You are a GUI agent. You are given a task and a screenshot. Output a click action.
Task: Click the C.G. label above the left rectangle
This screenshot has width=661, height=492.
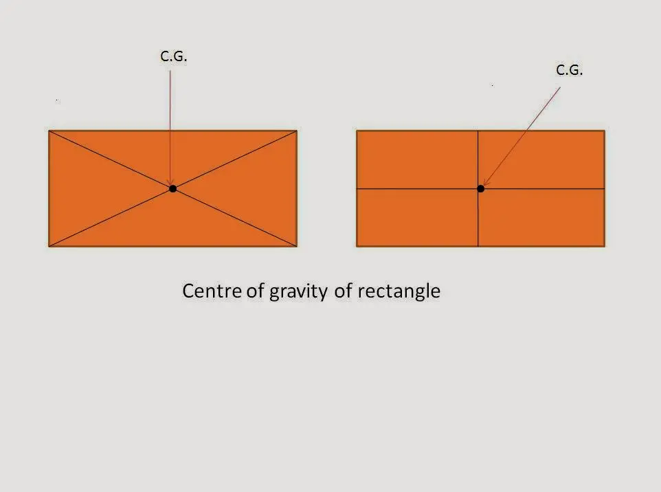(174, 56)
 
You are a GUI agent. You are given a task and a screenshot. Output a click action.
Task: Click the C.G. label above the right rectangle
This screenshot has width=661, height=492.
(569, 70)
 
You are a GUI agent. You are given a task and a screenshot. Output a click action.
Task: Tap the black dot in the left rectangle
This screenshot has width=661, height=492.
(173, 188)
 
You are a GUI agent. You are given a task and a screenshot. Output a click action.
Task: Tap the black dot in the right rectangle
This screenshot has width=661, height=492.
(480, 188)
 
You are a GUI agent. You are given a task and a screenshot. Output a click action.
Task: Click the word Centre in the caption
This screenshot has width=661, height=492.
(212, 291)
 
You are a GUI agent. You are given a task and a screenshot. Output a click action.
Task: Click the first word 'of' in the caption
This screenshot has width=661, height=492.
(255, 291)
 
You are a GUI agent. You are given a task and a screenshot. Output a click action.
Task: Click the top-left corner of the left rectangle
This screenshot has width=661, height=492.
(49, 131)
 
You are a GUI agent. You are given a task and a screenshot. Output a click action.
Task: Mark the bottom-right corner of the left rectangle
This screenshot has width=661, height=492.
(297, 246)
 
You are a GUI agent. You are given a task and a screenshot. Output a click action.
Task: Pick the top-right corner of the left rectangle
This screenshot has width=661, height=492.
(297, 131)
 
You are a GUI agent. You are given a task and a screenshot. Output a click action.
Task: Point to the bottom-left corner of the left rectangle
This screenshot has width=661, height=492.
(49, 246)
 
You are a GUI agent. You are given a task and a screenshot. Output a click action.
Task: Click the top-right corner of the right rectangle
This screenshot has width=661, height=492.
(605, 131)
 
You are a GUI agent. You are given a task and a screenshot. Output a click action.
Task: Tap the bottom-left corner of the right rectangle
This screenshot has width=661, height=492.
(357, 246)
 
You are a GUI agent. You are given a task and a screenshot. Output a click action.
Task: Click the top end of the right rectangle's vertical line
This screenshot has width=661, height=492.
(478, 131)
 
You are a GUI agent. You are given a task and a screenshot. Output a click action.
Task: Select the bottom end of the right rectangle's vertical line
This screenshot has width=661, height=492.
(478, 246)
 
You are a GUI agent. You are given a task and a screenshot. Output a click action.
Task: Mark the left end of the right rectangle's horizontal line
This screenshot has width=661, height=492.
(357, 188)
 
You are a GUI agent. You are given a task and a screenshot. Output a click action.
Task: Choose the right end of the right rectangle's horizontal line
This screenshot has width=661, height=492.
(605, 188)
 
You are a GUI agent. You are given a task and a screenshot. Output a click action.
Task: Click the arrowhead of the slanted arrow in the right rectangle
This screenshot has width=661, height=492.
(484, 185)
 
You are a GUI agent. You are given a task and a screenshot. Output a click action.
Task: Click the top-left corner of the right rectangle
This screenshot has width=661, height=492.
(357, 131)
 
